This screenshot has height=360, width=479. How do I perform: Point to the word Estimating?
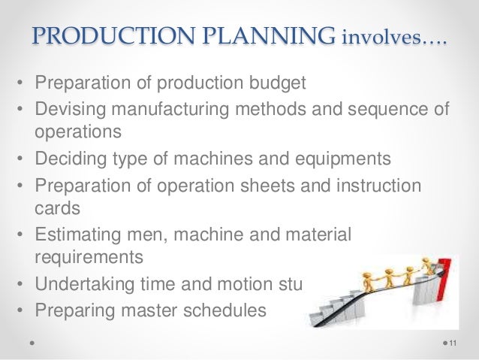coord(76,234)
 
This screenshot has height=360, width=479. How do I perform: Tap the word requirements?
coord(87,256)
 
